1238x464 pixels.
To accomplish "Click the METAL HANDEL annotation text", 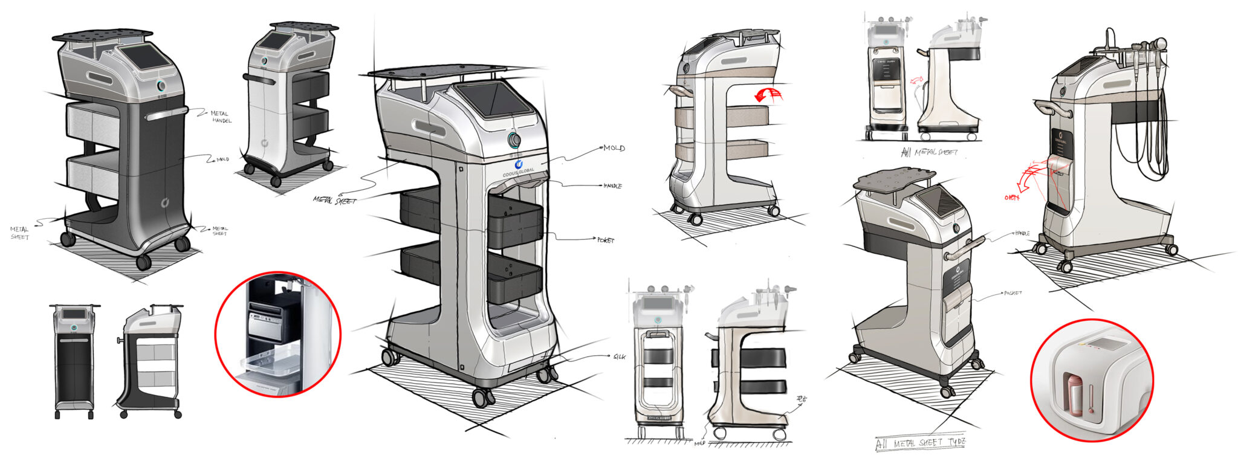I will pyautogui.click(x=221, y=117).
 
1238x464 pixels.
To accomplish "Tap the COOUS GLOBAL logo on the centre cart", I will pyautogui.click(x=518, y=167).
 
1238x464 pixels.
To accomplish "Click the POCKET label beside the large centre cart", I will pyautogui.click(x=605, y=240).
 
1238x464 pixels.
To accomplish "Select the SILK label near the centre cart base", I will pyautogui.click(x=620, y=357).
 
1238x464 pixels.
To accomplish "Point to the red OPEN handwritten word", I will pyautogui.click(x=1011, y=197).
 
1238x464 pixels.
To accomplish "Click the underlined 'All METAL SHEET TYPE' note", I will pyautogui.click(x=921, y=443).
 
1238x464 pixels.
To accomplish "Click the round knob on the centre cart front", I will pyautogui.click(x=514, y=141).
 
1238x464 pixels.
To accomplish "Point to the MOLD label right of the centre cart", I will pyautogui.click(x=614, y=148).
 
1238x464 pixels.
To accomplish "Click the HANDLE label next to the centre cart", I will pyautogui.click(x=612, y=186).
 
